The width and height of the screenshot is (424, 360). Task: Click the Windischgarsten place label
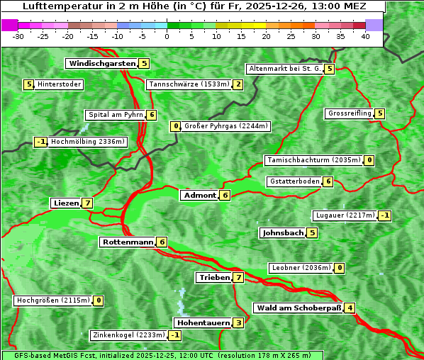pos(102,64)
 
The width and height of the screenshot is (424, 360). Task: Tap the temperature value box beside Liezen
pos(87,203)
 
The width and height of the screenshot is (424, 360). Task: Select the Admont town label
pos(199,196)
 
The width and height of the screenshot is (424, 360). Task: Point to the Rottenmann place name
pos(128,242)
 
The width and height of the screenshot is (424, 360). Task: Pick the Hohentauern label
pos(203,323)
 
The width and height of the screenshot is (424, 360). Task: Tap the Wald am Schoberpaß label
pos(298,308)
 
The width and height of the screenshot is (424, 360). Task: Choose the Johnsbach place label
pos(283,232)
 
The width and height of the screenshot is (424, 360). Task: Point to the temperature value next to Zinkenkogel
pos(174,335)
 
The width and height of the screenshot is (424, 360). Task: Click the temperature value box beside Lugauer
pos(384,215)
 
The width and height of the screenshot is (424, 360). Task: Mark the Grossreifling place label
pos(350,113)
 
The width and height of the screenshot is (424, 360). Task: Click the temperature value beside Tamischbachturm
pos(369,160)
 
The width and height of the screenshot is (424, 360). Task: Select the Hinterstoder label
pos(60,85)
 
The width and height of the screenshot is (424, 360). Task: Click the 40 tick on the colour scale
pos(365,37)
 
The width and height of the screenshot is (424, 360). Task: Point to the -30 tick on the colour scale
pos(18,37)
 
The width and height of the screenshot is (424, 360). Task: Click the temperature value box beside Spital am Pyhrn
pos(152,115)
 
